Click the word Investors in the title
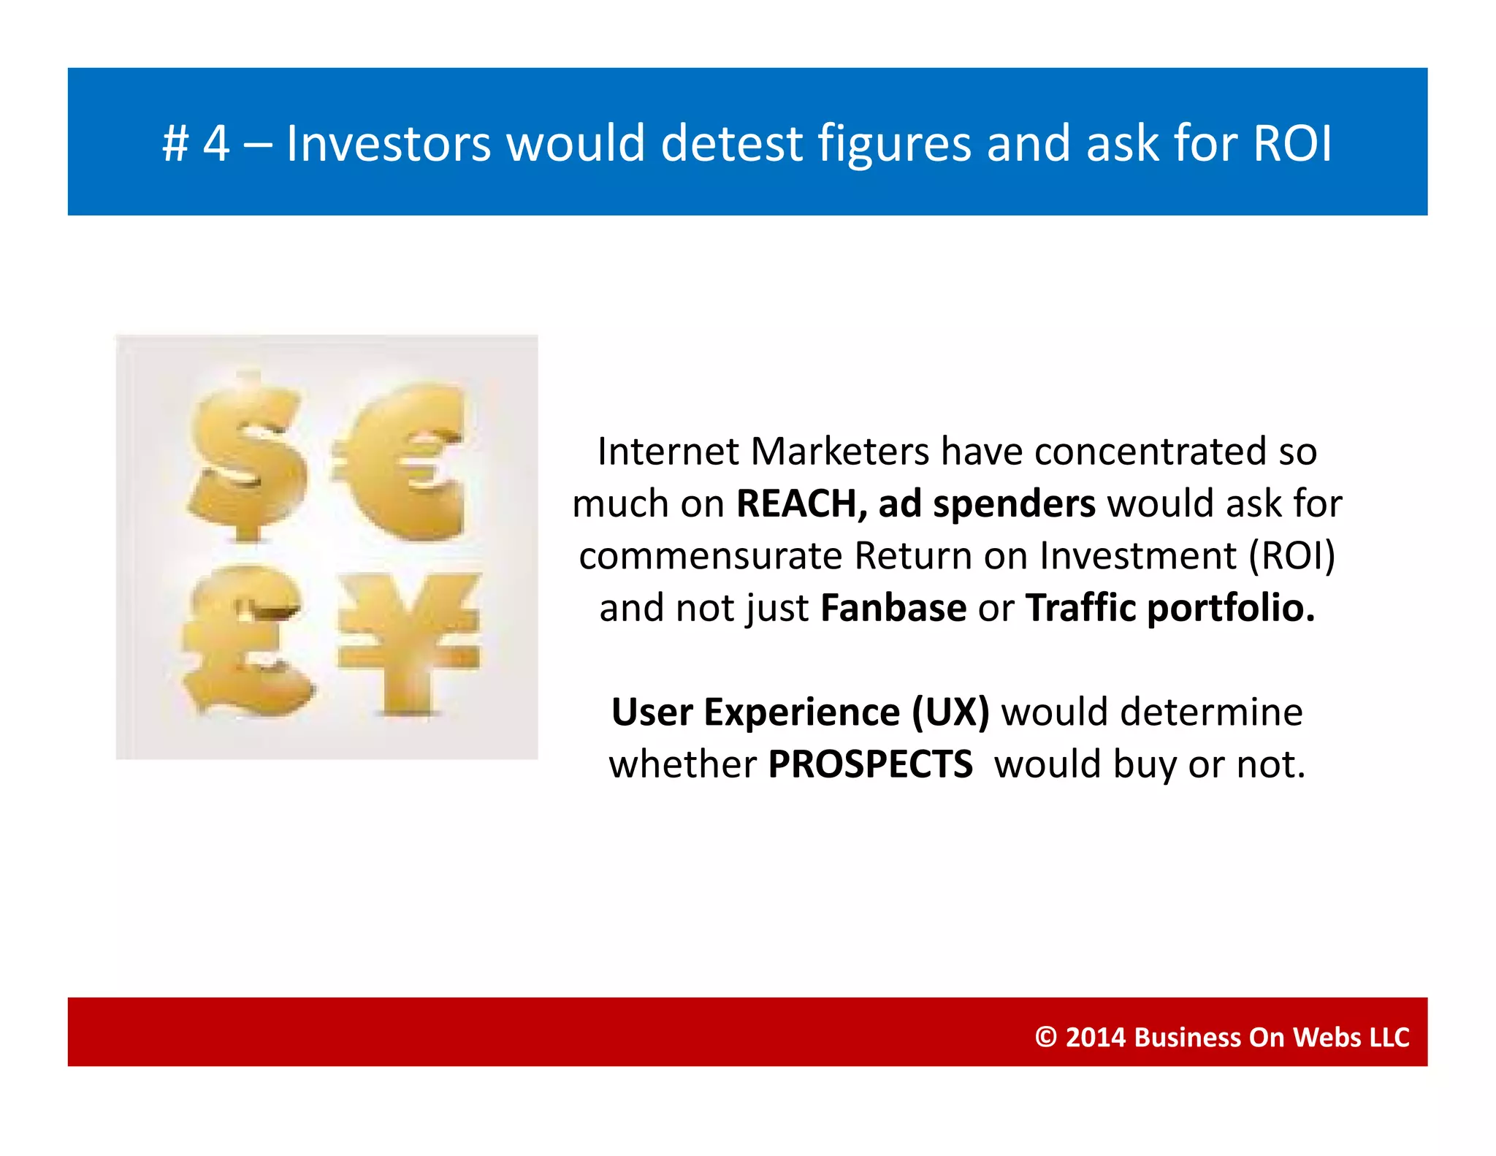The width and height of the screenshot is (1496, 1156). (388, 143)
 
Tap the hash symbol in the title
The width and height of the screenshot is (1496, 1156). (175, 143)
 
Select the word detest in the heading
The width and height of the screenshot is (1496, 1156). (732, 143)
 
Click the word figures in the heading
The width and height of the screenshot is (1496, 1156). (895, 145)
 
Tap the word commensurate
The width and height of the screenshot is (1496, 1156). (710, 556)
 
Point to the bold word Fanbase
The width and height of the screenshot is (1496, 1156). (893, 608)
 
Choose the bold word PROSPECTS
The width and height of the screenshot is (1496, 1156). (870, 764)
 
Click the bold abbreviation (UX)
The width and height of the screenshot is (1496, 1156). (950, 712)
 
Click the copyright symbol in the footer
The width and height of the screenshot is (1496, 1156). (1046, 1037)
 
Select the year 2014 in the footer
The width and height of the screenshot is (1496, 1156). (1095, 1037)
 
